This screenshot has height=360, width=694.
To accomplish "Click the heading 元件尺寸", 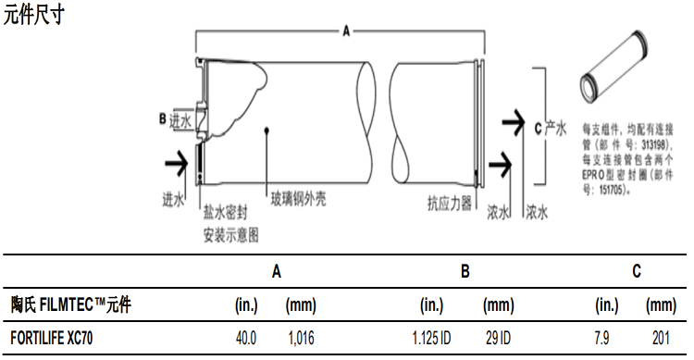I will click(x=34, y=16).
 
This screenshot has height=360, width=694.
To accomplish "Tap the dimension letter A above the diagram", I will click(x=347, y=31).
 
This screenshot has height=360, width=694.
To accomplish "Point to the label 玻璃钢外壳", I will click(x=297, y=199).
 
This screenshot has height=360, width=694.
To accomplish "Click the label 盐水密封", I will click(x=226, y=212).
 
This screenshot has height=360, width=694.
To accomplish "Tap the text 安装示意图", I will click(x=230, y=234).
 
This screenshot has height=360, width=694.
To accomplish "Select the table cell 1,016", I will click(x=301, y=339).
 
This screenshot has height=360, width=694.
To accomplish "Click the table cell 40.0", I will click(x=247, y=339).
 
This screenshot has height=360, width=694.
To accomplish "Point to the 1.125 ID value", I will click(x=430, y=339).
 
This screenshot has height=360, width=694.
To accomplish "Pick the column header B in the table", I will click(x=465, y=271).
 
